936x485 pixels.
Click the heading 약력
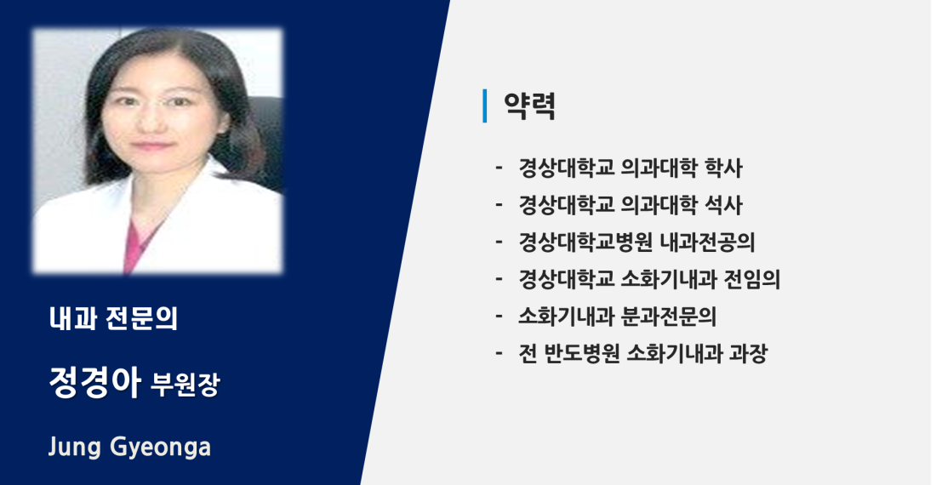[529, 106]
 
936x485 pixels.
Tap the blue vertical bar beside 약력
[485, 106]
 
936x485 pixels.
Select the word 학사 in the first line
[723, 168]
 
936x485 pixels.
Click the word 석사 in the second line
[723, 205]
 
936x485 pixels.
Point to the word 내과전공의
[707, 242]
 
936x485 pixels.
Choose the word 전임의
[751, 279]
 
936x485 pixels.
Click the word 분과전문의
[668, 317]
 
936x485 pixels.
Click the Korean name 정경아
[94, 382]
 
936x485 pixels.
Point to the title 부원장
[185, 385]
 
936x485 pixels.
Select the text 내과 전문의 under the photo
[113, 318]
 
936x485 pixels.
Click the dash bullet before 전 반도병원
[499, 354]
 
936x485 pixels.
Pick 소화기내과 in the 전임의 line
[669, 279]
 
